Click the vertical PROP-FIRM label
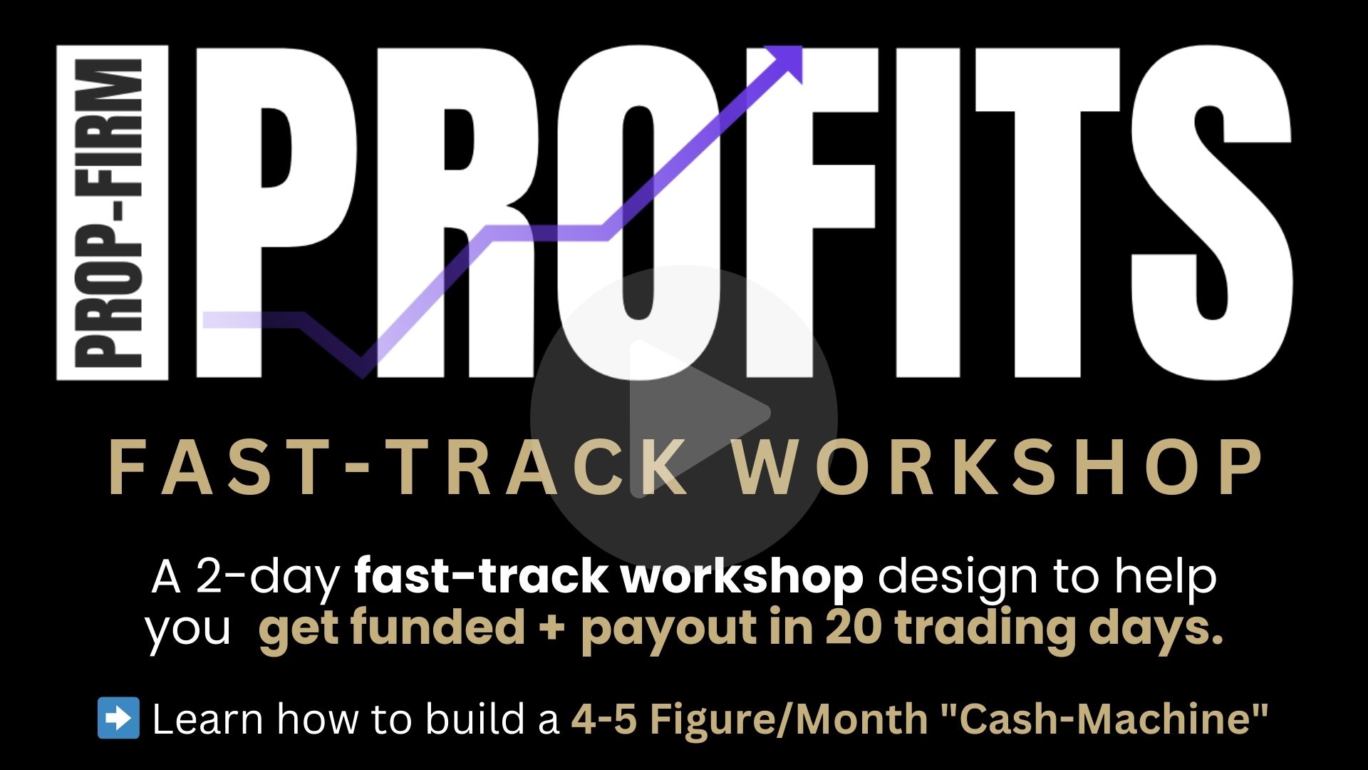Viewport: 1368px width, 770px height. pyautogui.click(x=112, y=212)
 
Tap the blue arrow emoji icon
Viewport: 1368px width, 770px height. pyautogui.click(x=118, y=717)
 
